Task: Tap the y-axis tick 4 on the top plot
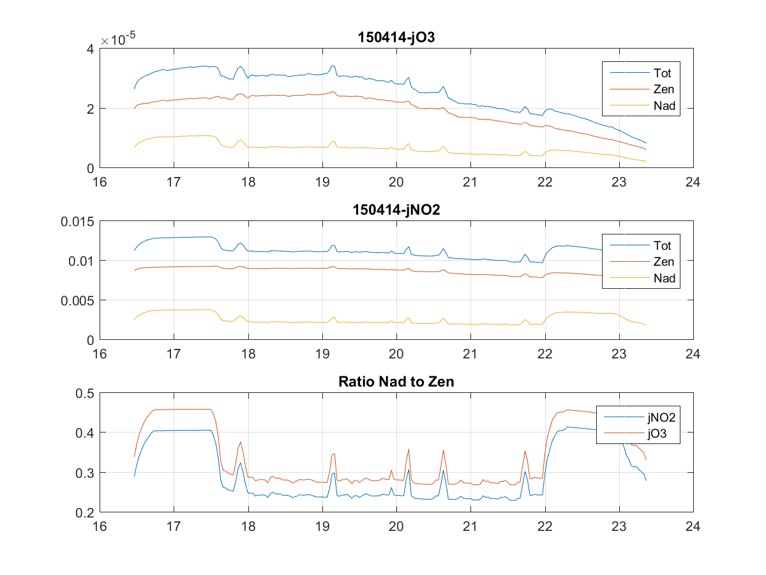91,49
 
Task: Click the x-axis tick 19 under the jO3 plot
322,182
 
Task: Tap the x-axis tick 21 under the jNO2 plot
470,354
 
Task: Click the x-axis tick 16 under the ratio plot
100,526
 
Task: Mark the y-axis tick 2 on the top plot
91,109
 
